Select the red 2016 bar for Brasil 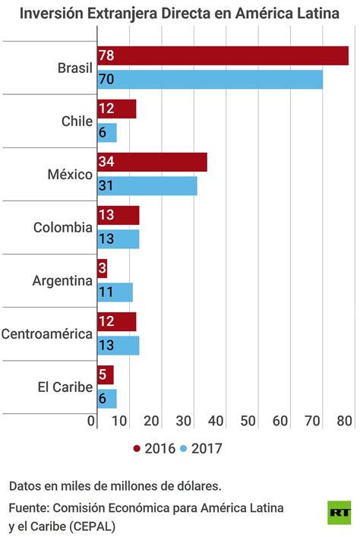coord(223,56)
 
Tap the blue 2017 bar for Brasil coord(210,79)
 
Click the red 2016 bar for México coord(152,163)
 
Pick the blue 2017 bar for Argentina coord(115,292)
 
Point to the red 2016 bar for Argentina coord(103,269)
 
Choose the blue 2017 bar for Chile coord(107,132)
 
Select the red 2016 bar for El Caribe coord(106,375)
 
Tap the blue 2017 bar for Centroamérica coord(118,346)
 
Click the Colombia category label coord(63,227)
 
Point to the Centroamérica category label coord(47,333)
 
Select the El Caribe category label coord(65,387)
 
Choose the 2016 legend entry coord(155,448)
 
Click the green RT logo coord(339,511)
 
